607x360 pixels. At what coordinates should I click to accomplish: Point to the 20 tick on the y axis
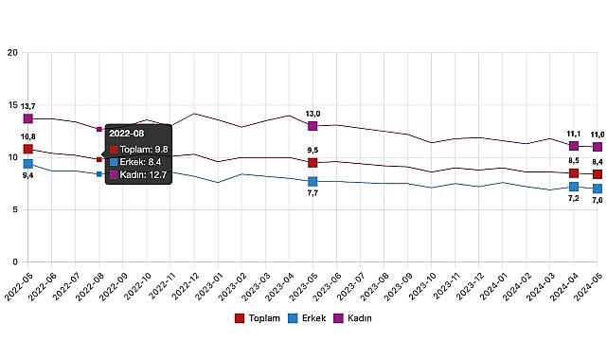coord(12,53)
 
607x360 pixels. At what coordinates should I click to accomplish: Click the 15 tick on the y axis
coord(12,105)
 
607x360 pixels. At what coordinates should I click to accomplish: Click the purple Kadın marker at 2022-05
coord(28,118)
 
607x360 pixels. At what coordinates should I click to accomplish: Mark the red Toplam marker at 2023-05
coord(312,162)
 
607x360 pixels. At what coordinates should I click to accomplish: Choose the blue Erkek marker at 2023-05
coord(312,181)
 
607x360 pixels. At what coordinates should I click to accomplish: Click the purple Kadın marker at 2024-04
coord(574,146)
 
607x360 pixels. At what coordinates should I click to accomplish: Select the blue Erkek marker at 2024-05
coord(597,189)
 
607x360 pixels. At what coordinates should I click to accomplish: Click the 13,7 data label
coord(28,106)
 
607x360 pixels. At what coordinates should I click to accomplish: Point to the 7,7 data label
coord(312,193)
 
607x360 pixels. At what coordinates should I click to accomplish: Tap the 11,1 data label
coord(572,134)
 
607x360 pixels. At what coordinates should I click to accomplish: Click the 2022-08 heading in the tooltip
coord(126,134)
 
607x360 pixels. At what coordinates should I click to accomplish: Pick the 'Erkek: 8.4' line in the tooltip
coord(138,161)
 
